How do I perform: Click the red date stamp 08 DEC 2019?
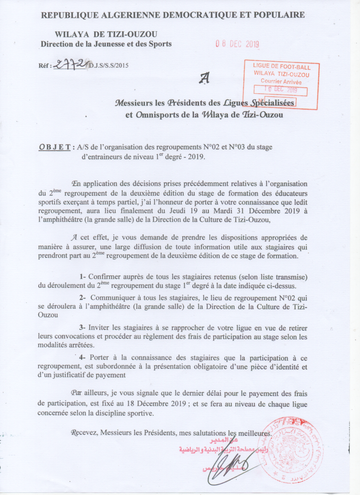tap(237, 44)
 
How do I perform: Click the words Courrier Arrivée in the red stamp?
tap(281, 81)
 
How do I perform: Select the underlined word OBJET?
tap(54, 147)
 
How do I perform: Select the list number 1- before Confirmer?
tap(83, 277)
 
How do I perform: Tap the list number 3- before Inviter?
tap(83, 328)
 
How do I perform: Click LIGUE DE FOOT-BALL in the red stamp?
tap(281, 67)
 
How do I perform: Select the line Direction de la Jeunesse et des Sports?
tap(106, 44)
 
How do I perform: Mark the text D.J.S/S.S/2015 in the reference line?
tap(108, 65)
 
